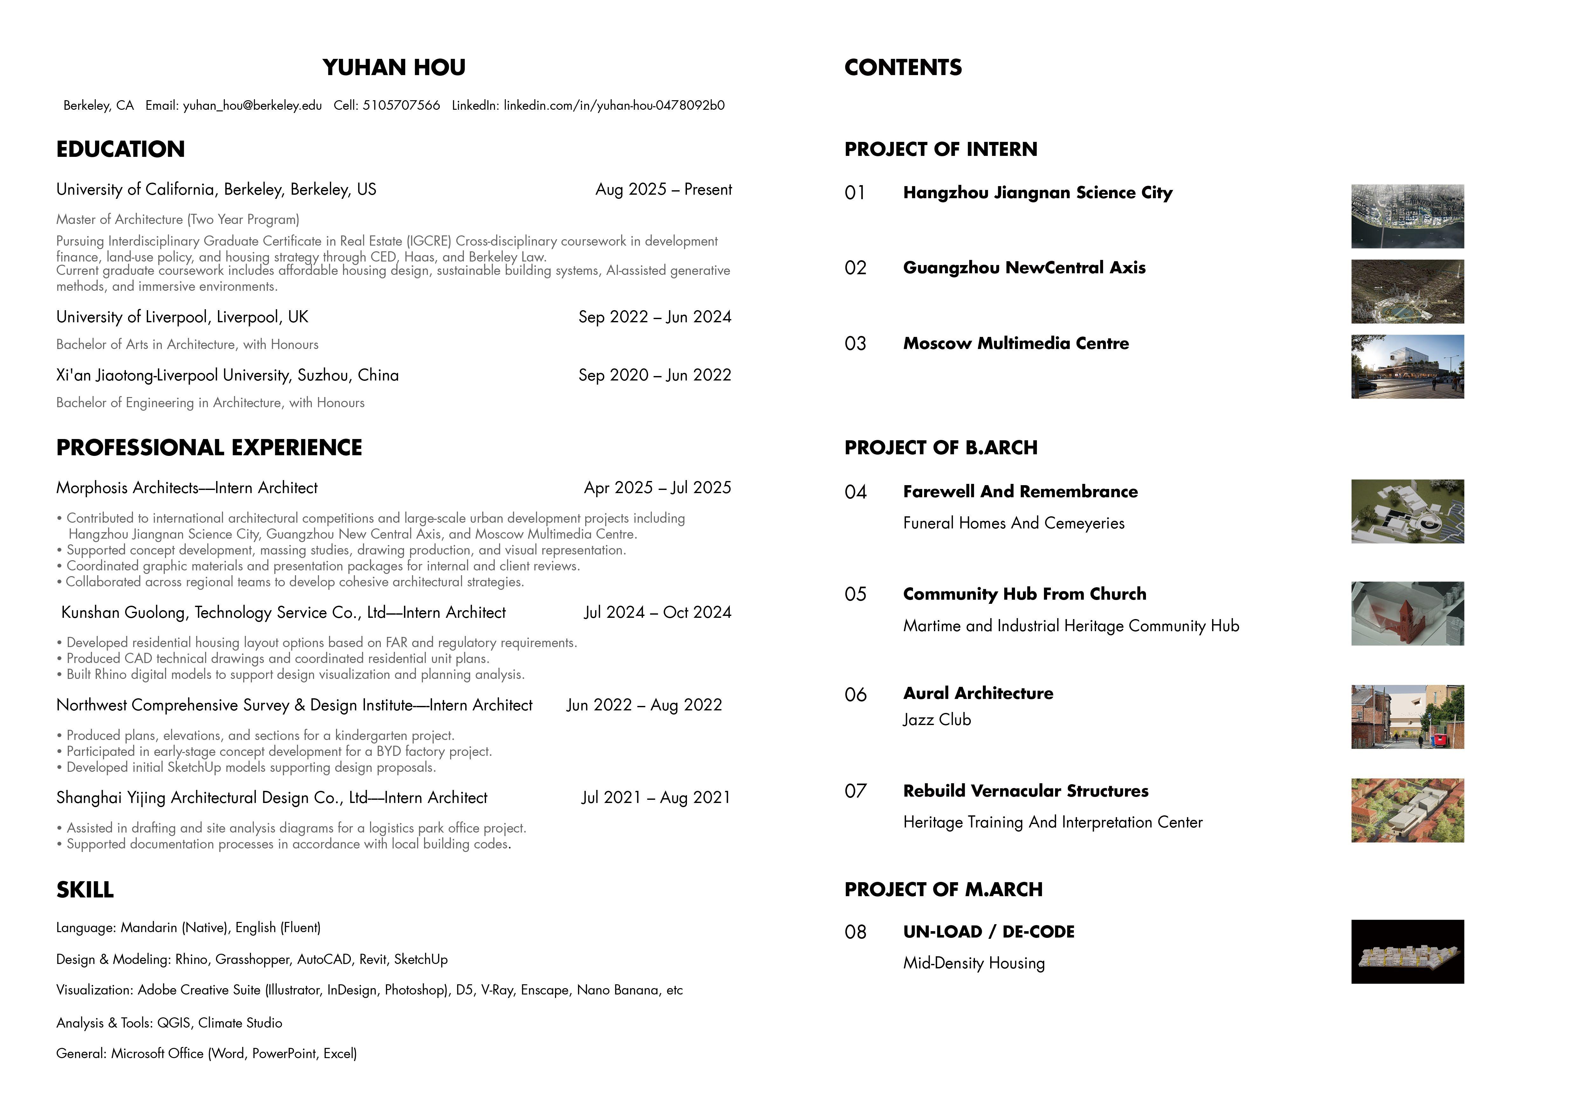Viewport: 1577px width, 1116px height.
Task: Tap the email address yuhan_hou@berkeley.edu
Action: pyautogui.click(x=252, y=105)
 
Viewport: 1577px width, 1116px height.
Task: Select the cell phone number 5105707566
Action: pyautogui.click(x=401, y=105)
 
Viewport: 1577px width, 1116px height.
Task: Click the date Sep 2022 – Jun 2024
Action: pyautogui.click(x=655, y=317)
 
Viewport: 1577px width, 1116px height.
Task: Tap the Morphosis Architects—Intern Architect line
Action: pyautogui.click(x=187, y=488)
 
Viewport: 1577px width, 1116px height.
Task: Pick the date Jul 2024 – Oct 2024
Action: pyautogui.click(x=657, y=612)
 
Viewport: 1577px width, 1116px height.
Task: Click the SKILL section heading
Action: pyautogui.click(x=85, y=890)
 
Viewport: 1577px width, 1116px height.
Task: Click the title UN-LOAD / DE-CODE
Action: pyautogui.click(x=988, y=932)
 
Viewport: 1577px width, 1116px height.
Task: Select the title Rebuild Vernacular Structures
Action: pyautogui.click(x=1025, y=791)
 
